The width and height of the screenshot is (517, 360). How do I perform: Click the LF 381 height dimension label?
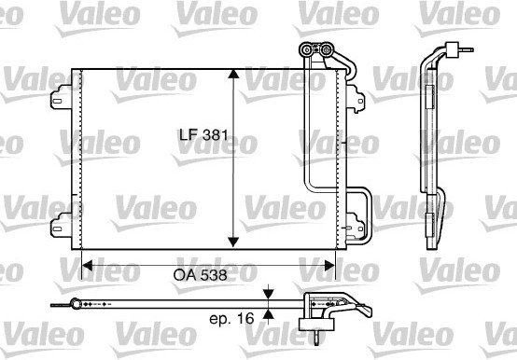pyautogui.click(x=203, y=134)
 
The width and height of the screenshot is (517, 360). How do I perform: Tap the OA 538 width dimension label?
pyautogui.click(x=200, y=275)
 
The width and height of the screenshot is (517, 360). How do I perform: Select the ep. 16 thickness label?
pyautogui.click(x=231, y=319)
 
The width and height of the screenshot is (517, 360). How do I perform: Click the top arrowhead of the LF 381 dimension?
pyautogui.click(x=233, y=74)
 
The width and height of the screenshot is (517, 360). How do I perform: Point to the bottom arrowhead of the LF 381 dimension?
pyautogui.click(x=233, y=242)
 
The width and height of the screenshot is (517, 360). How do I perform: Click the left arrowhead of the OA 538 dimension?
pyautogui.click(x=87, y=266)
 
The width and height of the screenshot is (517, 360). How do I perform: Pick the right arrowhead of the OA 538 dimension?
pyautogui.click(x=330, y=266)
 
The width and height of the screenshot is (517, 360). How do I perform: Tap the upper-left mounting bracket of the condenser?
pyautogui.click(x=62, y=97)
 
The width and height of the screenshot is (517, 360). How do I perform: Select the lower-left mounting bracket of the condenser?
pyautogui.click(x=62, y=226)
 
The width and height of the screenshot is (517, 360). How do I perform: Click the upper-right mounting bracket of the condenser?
pyautogui.click(x=356, y=99)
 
